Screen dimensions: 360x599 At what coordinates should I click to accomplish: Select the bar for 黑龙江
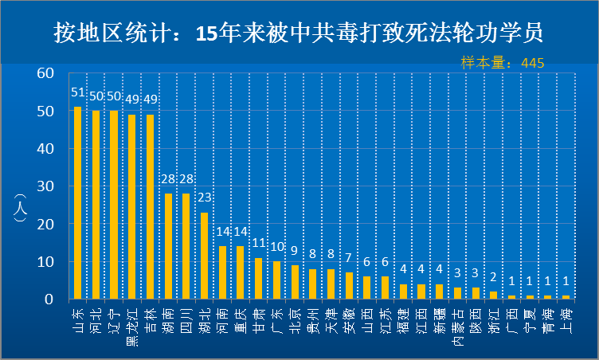pos(131,206)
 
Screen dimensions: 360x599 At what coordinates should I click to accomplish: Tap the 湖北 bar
pos(204,256)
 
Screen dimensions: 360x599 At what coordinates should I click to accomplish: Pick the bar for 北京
pos(295,282)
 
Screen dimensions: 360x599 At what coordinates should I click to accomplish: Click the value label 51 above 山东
pos(77,93)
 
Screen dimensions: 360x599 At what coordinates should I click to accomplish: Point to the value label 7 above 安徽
pos(349,259)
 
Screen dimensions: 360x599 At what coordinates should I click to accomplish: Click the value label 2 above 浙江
pos(493,278)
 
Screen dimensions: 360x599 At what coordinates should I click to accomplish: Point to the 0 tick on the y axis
pos(49,299)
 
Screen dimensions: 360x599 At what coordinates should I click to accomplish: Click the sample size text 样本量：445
pos(503,62)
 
